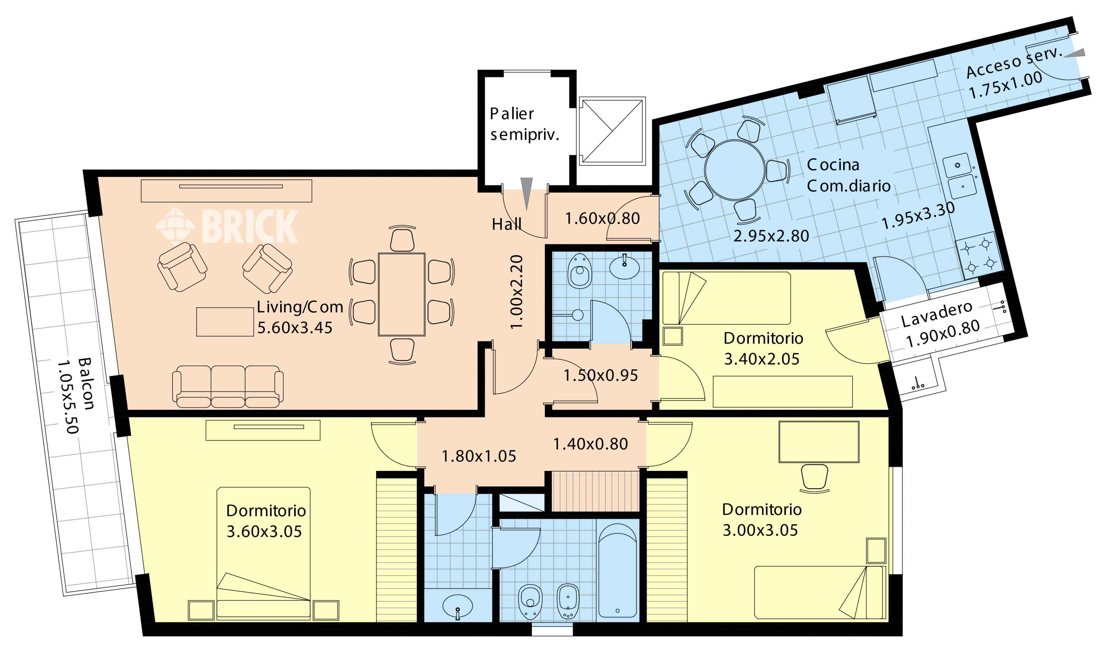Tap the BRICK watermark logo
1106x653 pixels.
click(227, 226)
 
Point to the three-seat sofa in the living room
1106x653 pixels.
click(227, 386)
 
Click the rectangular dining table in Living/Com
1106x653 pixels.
click(402, 294)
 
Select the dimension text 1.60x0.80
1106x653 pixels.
click(602, 219)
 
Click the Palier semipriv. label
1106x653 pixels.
click(524, 125)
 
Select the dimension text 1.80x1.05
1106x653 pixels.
click(479, 456)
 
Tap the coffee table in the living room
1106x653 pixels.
click(225, 322)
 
